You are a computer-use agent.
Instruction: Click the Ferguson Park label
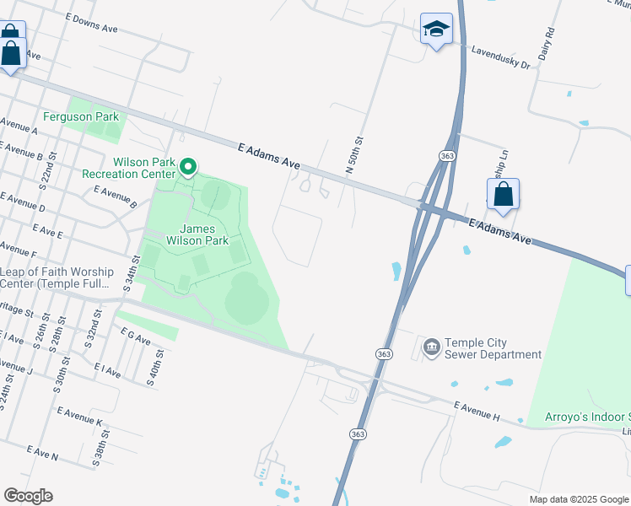pos(82,116)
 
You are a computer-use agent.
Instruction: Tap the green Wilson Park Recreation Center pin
pos(189,167)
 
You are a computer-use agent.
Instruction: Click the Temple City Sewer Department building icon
pos(431,347)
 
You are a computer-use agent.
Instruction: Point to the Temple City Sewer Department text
pos(493,348)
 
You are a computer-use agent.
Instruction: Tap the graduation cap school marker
pos(436,30)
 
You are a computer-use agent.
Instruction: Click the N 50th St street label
pos(354,155)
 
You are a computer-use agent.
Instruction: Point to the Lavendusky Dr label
pos(500,57)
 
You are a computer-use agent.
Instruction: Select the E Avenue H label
pos(477,411)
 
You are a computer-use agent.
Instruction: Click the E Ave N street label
pos(43,453)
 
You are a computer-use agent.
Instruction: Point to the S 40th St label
pos(154,367)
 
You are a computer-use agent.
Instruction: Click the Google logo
pos(28,496)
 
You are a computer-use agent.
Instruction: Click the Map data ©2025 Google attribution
pos(579,499)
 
